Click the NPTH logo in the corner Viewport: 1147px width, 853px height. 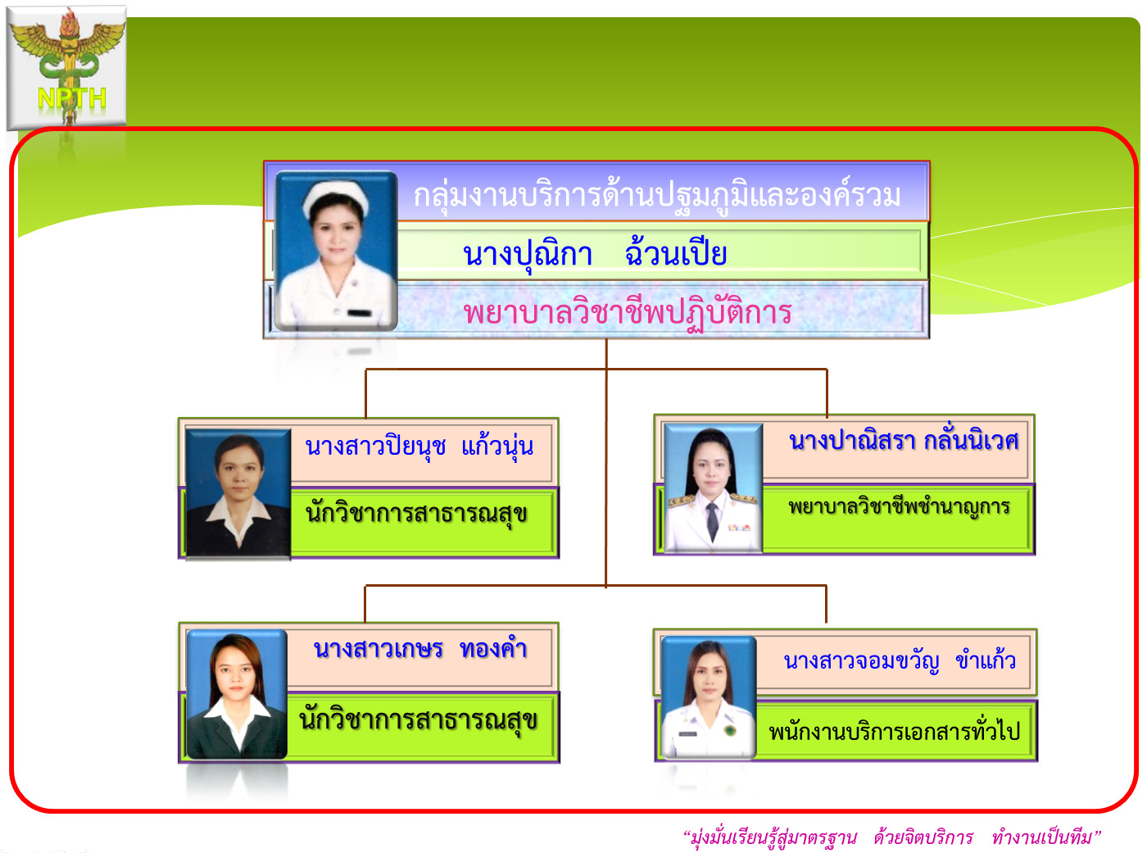pos(66,67)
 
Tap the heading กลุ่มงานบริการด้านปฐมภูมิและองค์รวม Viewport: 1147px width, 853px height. pos(657,197)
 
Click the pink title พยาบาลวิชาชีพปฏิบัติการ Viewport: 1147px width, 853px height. pos(628,313)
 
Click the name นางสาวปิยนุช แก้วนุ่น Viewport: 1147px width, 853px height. pos(419,447)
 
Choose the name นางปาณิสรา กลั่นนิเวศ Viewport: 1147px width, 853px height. pos(904,441)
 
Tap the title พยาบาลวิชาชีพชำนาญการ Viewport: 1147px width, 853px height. pos(899,507)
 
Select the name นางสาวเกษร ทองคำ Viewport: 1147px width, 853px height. pos(420,649)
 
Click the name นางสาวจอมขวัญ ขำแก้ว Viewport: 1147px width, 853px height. pos(900,661)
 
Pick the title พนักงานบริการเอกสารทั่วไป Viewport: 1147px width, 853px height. pos(894,732)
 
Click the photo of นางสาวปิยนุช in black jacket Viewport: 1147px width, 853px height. pos(238,493)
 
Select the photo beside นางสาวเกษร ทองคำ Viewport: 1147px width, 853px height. pos(236,694)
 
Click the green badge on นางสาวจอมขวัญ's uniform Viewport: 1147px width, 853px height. pos(729,731)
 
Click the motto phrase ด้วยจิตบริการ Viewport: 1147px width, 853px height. pos(923,837)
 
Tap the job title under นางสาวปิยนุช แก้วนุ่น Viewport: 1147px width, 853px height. pos(416,514)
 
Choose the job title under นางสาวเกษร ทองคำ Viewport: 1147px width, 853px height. pos(418,719)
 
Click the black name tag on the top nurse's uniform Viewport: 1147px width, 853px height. pos(360,313)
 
